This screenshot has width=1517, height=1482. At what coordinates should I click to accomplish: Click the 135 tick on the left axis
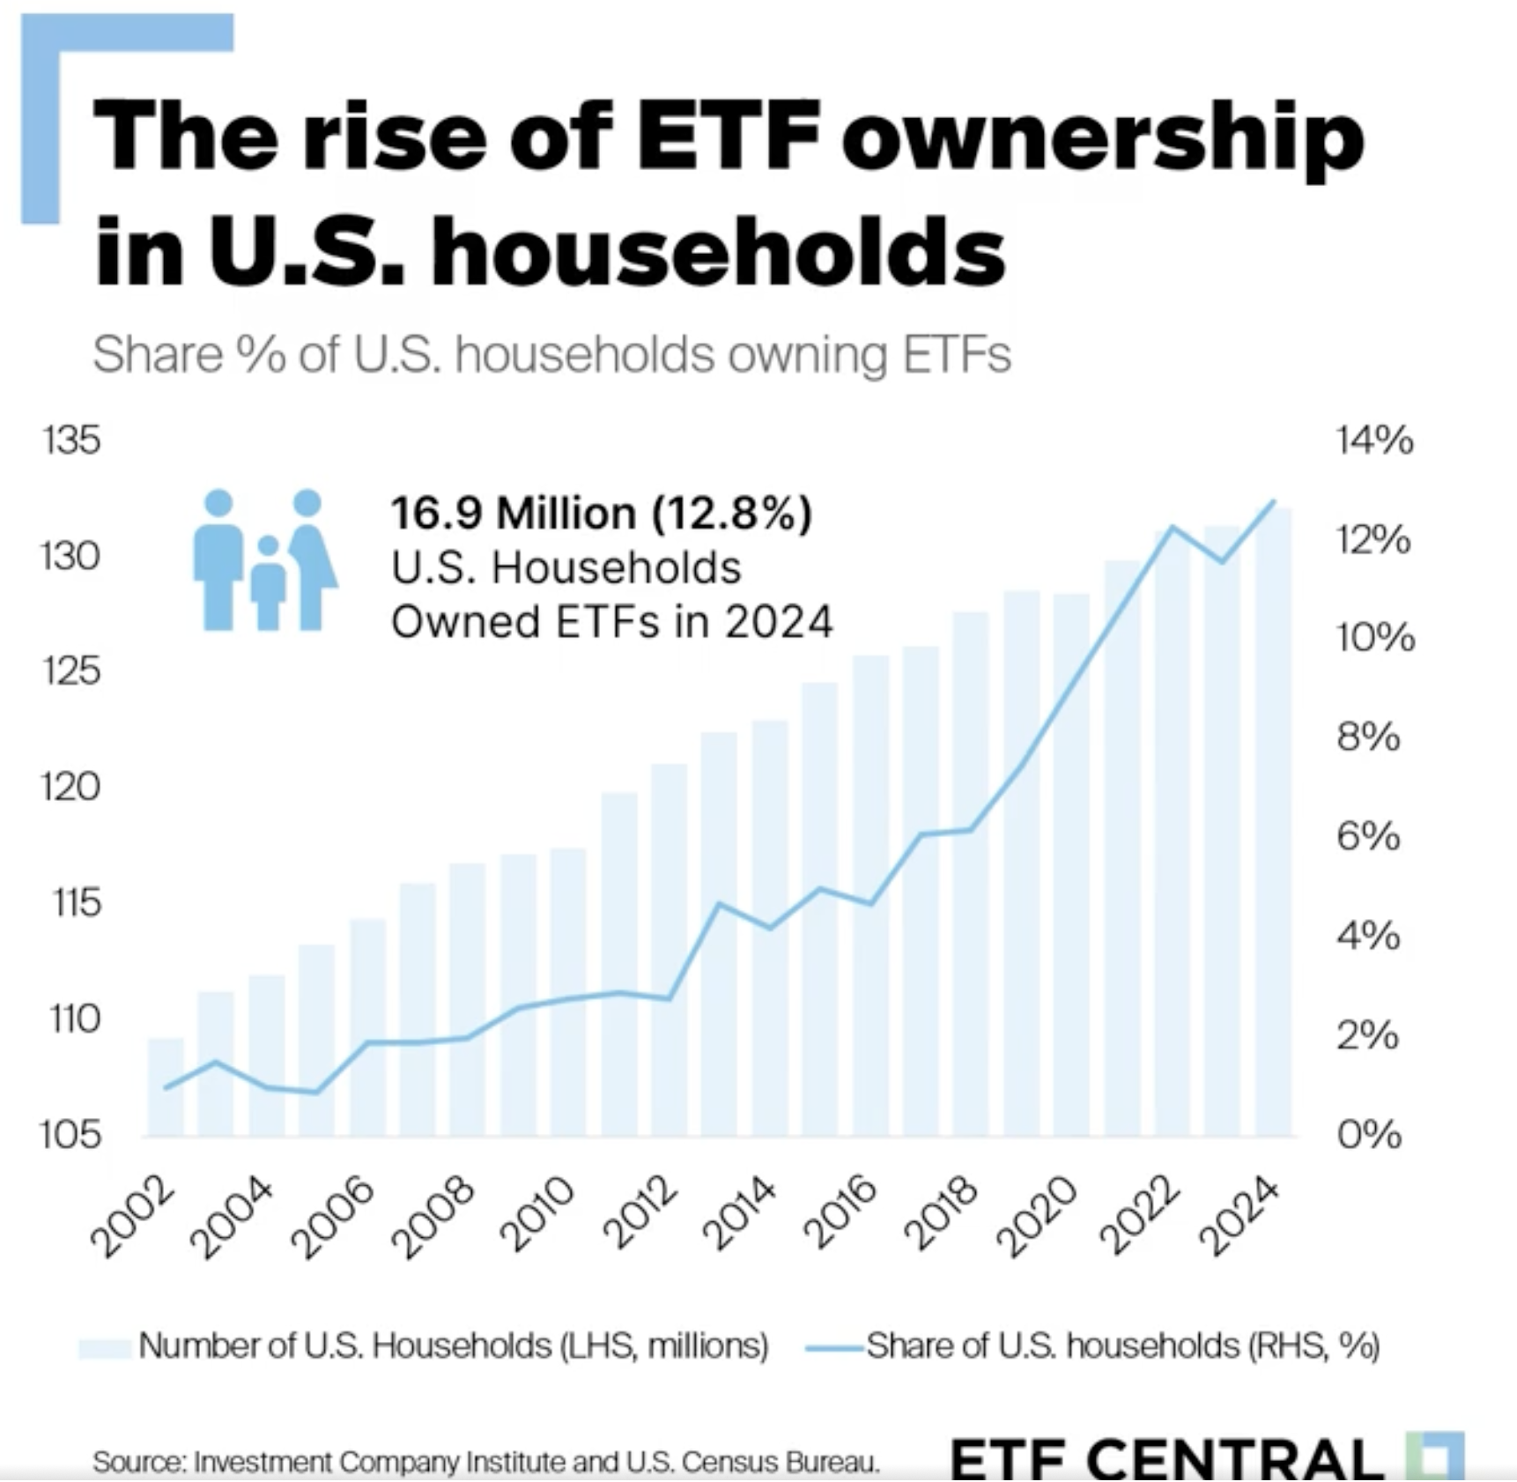point(70,440)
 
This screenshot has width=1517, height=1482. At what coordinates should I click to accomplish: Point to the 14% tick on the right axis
point(1373,440)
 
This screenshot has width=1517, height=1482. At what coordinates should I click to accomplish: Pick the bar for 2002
point(166,1087)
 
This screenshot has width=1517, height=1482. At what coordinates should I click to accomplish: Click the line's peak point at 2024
point(1273,501)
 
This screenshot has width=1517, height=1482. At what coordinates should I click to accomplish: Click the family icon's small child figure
point(268,582)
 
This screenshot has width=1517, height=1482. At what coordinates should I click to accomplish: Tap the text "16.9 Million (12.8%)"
point(601,513)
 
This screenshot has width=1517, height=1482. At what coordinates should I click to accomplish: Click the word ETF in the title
point(728,137)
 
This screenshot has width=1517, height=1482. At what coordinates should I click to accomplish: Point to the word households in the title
point(718,251)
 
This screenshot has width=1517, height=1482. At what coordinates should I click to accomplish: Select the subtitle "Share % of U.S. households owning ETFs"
point(551,355)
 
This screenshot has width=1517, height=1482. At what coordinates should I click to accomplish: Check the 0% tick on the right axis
point(1368,1134)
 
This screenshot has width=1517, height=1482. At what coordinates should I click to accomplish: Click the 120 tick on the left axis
point(70,787)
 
